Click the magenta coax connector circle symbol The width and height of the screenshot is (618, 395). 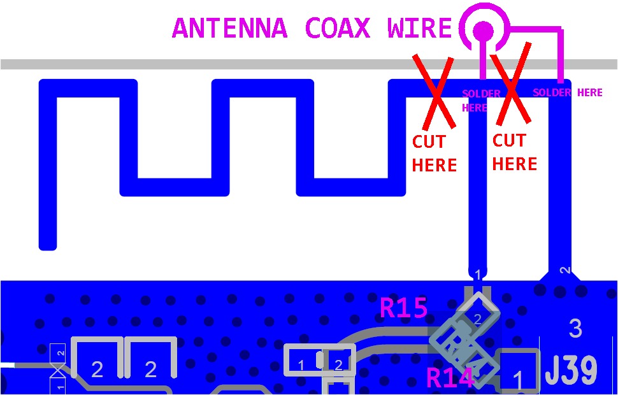[484, 29]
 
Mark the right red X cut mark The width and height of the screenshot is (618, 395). [512, 82]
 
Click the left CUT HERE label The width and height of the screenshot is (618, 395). [434, 154]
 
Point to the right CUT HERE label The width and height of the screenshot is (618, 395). [514, 152]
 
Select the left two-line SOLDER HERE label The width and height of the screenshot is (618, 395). [480, 101]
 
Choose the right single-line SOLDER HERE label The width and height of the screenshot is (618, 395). [567, 92]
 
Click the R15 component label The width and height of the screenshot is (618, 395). [403, 308]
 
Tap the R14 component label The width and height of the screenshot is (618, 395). [450, 378]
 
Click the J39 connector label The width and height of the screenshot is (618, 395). [571, 370]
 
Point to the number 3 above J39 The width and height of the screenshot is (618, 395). [575, 329]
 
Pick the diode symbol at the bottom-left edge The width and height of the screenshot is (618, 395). [59, 370]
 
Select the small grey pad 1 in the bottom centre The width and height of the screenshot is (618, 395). [301, 364]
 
